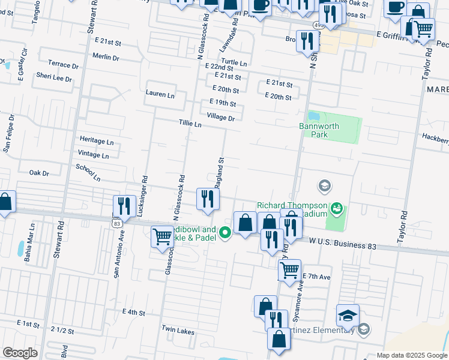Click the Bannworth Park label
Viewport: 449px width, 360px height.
[319, 130]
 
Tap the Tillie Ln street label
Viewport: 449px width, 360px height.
[190, 124]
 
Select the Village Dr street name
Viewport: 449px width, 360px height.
[220, 118]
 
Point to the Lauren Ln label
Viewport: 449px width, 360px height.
[160, 94]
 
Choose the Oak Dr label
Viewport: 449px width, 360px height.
[39, 173]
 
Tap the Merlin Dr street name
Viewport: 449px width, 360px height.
[106, 58]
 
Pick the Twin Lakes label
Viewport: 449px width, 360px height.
[178, 330]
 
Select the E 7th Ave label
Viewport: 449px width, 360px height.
[316, 277]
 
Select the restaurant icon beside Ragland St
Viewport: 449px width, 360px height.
[206, 199]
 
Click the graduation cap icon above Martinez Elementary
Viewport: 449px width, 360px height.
[348, 316]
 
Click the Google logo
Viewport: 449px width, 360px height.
[20, 353]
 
